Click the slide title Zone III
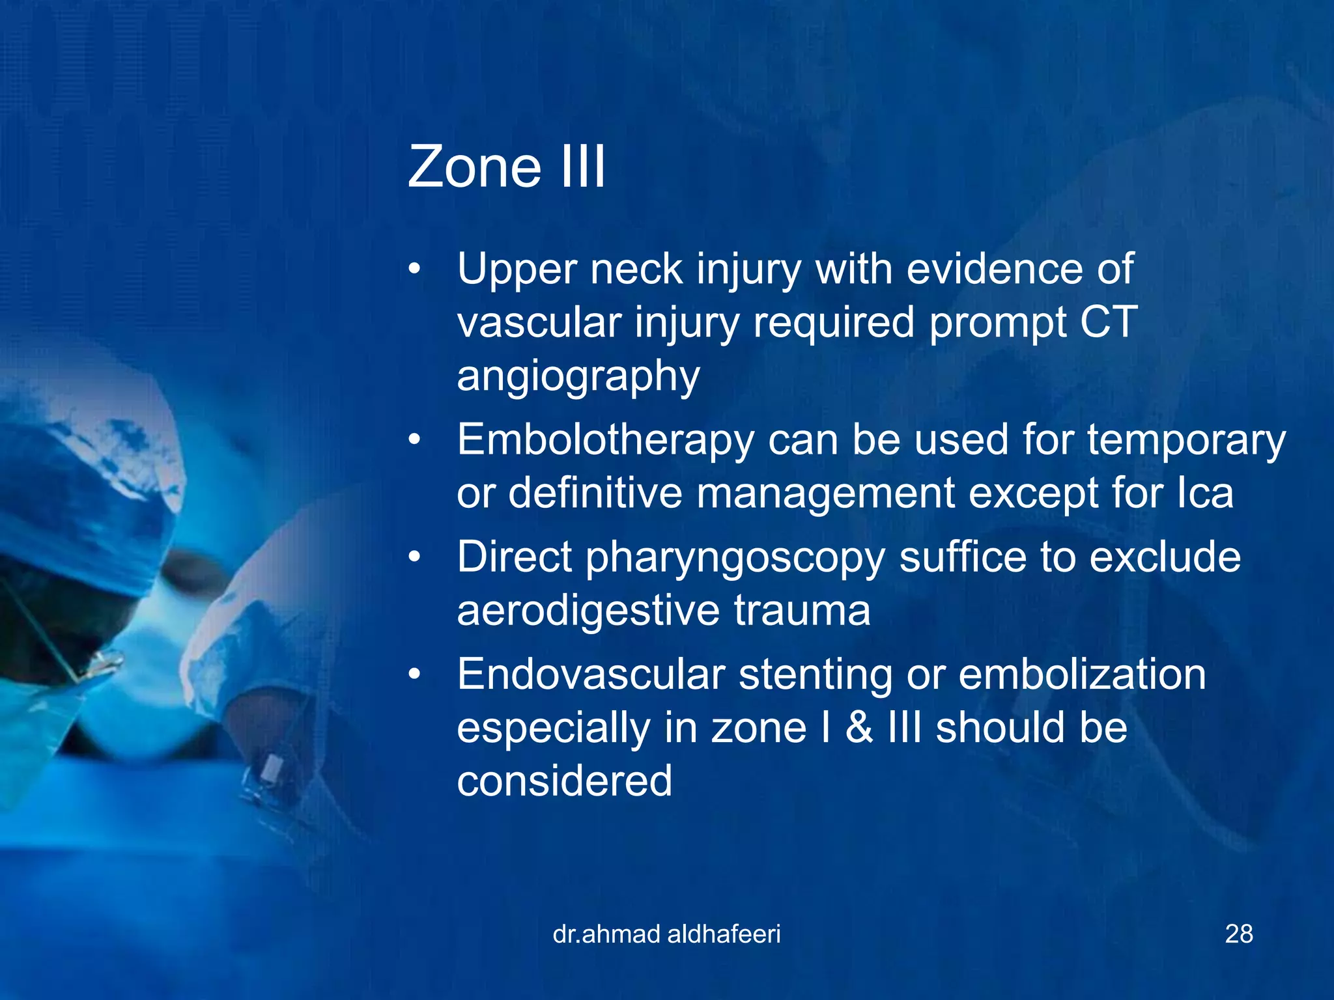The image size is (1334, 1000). click(x=506, y=167)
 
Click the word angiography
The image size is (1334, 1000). click(x=578, y=377)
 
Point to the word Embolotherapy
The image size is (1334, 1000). click(x=605, y=441)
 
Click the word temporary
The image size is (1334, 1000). click(x=1186, y=441)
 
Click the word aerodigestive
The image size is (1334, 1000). click(x=588, y=611)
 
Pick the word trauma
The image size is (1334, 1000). click(x=802, y=611)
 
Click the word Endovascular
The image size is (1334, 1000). click(x=591, y=674)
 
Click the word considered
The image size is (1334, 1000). click(x=564, y=781)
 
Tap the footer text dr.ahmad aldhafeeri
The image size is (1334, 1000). click(x=666, y=934)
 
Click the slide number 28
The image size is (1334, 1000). click(x=1239, y=934)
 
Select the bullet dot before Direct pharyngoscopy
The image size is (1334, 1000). click(x=415, y=558)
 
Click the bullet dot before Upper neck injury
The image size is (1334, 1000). click(x=415, y=270)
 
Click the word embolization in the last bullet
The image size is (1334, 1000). click(x=1082, y=674)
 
